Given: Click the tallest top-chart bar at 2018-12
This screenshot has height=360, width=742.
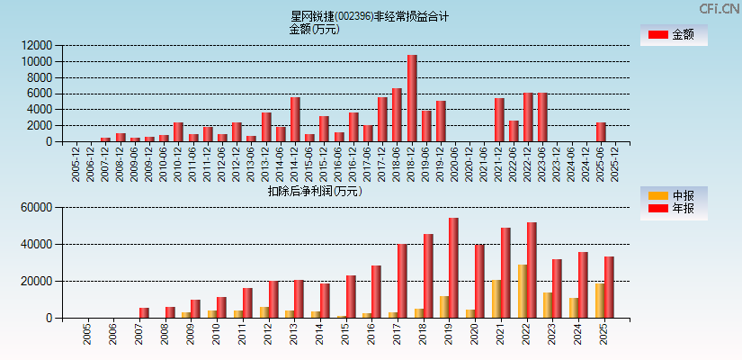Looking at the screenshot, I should coord(412,98).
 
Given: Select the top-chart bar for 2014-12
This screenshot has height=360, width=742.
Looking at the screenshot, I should coord(295,119).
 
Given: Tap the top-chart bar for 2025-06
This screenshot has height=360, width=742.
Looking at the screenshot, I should coord(601,131).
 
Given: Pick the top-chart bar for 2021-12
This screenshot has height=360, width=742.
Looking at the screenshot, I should coord(499,120).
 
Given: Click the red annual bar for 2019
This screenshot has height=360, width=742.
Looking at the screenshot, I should coord(453,268).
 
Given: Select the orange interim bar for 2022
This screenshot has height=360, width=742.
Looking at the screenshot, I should coord(522,291).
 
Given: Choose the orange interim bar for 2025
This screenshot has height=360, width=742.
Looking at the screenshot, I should coord(600,301).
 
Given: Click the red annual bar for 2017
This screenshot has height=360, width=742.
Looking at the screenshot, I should coord(402,281).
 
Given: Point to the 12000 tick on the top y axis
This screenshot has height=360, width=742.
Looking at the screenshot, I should coord(37,45).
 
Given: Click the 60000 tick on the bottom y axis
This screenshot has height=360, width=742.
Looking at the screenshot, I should coord(37,208).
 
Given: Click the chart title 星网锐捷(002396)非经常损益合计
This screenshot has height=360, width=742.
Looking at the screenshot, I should coord(370,16).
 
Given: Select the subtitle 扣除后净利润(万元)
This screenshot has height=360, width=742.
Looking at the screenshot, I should coord(315,191).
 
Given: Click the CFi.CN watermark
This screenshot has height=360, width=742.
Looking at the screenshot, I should coord(720,8).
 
